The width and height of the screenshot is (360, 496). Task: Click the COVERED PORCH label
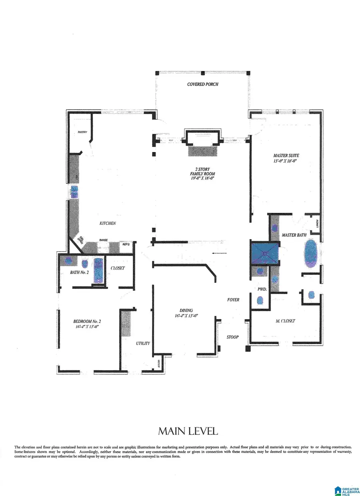[203, 84]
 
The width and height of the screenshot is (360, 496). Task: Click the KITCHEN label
[108, 223]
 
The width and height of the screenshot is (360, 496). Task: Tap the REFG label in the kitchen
[126, 244]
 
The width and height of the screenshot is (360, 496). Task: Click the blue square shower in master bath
[264, 254]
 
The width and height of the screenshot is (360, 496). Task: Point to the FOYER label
[233, 300]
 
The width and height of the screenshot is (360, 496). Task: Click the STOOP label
[232, 337]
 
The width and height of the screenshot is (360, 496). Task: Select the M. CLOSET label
[285, 321]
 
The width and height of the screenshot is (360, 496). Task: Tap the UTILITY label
[143, 343]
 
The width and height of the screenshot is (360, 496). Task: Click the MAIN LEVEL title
[188, 431]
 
